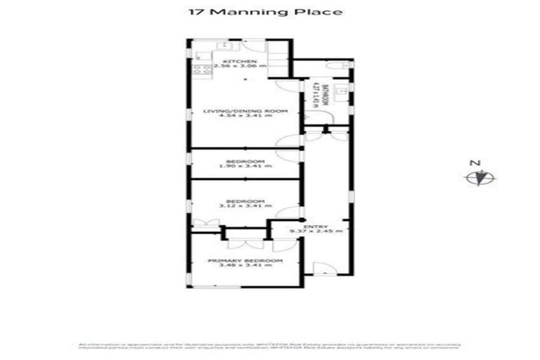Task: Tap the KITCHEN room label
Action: (235, 63)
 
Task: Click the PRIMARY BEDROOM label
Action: (245, 260)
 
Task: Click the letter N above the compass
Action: (475, 164)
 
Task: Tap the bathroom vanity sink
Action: (340, 92)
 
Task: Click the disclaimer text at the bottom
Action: (270, 347)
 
